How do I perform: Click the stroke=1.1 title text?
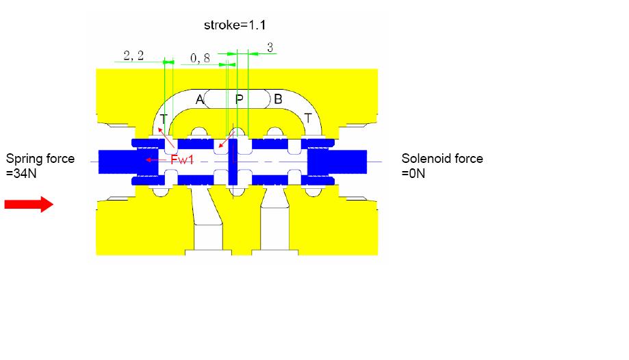(x=235, y=25)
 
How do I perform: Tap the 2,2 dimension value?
(x=133, y=55)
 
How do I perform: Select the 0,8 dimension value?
(x=200, y=58)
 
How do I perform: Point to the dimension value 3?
(x=270, y=47)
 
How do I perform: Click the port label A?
(x=199, y=99)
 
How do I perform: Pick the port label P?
(x=239, y=99)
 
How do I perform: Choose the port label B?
(x=278, y=99)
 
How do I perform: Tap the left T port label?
(x=164, y=119)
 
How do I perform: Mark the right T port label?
(x=308, y=118)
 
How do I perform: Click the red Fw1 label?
(x=182, y=159)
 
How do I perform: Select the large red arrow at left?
(x=29, y=204)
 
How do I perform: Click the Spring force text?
(x=40, y=159)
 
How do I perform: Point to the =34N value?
(x=21, y=173)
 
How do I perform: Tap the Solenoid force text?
(x=442, y=159)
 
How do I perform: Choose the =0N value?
(x=413, y=173)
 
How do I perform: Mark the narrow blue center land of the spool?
(x=233, y=162)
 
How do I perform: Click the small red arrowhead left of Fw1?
(x=149, y=159)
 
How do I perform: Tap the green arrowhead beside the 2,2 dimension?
(x=169, y=62)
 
